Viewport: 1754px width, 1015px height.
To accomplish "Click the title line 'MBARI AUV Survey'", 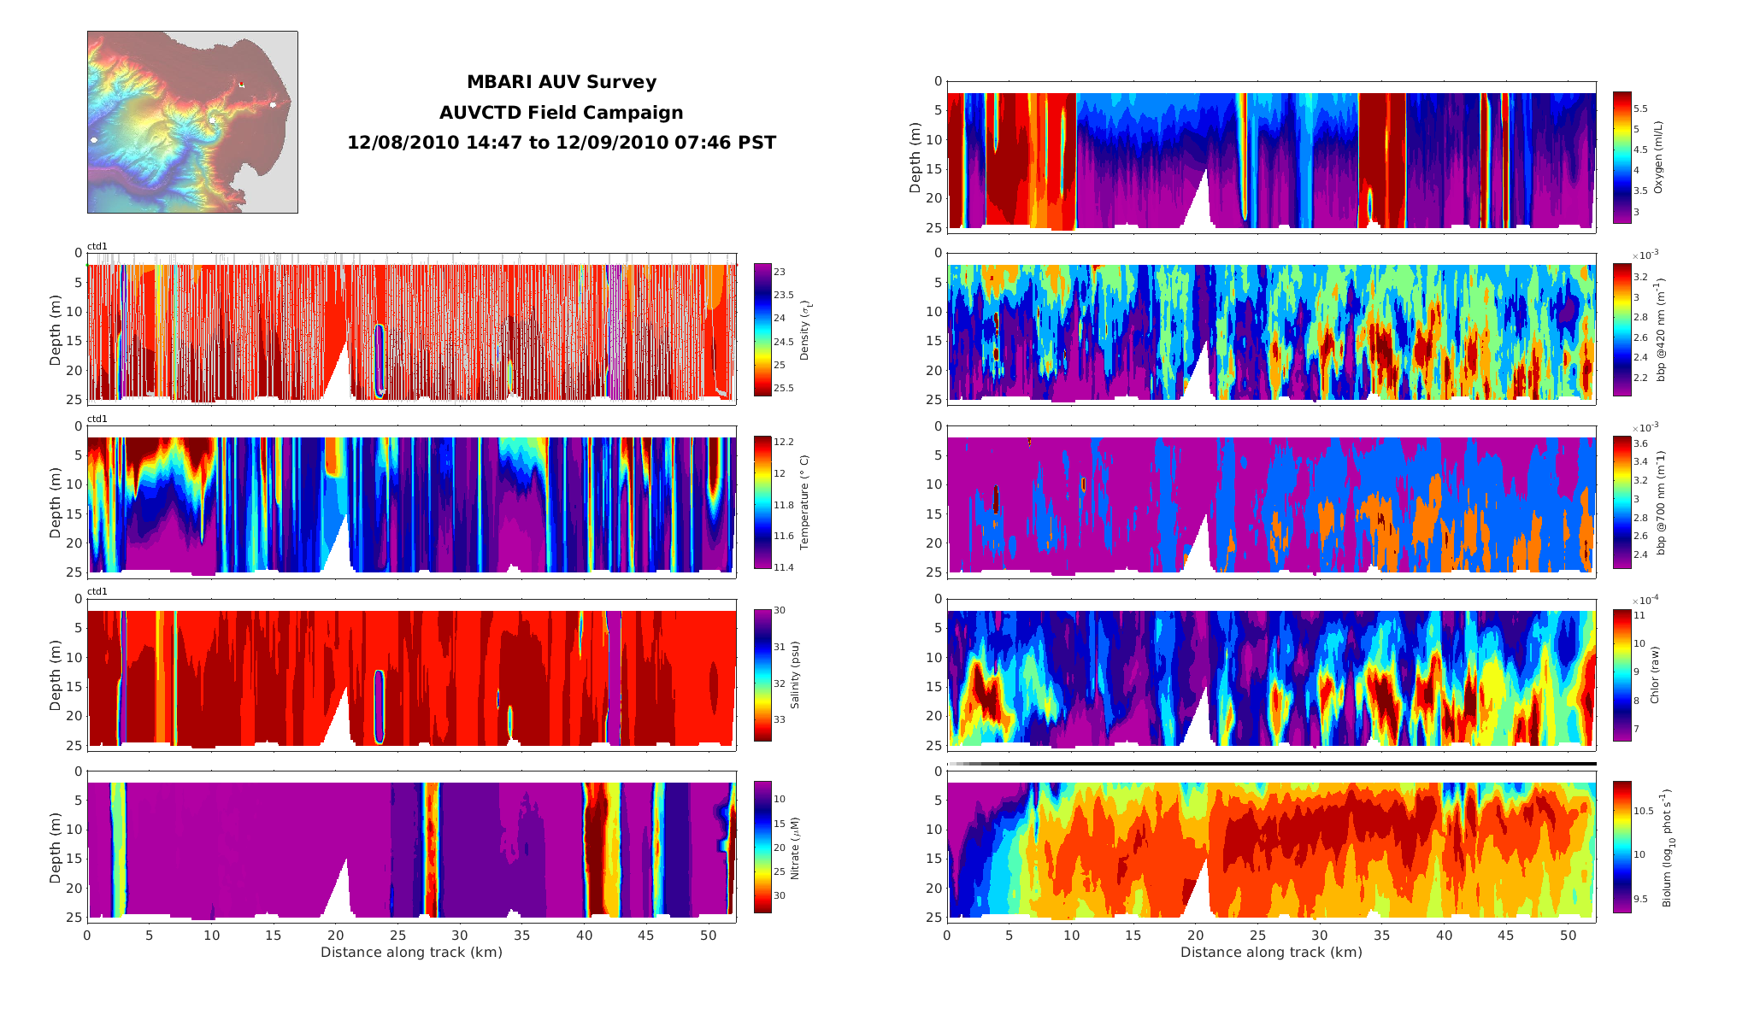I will tap(561, 82).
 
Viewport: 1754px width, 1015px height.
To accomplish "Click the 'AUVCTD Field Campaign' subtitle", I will tap(561, 113).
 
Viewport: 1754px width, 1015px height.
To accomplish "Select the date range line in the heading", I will tap(561, 143).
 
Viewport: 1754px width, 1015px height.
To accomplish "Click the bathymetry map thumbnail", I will tap(192, 122).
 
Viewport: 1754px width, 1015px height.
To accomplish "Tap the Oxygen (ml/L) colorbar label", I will tap(1659, 157).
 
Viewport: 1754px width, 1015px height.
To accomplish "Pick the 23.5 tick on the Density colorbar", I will tap(783, 296).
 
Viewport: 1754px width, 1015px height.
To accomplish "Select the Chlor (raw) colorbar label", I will tap(1655, 675).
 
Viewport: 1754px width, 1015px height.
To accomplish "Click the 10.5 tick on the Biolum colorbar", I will tap(1644, 811).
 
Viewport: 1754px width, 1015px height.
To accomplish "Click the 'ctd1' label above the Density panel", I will tap(97, 247).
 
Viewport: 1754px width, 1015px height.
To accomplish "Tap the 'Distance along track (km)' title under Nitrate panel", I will tap(411, 953).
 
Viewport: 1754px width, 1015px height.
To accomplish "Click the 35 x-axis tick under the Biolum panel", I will tap(1382, 936).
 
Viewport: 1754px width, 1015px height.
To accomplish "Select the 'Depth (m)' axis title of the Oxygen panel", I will tap(915, 157).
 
